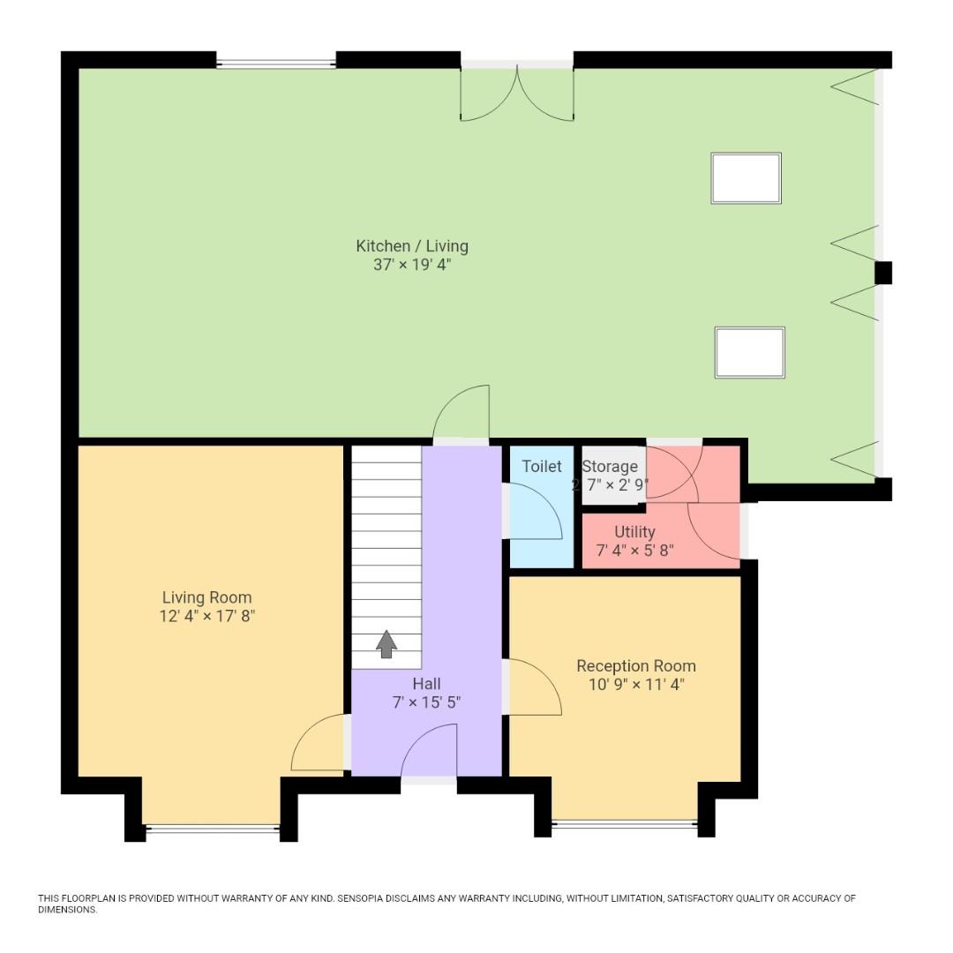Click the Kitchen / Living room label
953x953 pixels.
point(412,246)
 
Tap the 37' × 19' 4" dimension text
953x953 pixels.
point(412,265)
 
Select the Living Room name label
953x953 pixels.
point(206,597)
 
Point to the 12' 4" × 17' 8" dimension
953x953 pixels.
point(206,616)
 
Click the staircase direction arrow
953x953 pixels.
point(386,644)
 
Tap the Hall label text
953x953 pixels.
point(426,684)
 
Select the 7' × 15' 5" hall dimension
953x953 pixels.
point(426,702)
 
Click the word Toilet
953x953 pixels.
point(542,466)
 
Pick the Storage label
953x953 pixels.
point(610,467)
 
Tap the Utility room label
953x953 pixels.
point(634,532)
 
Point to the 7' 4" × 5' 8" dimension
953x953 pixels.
point(634,551)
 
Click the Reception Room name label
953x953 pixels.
point(635,665)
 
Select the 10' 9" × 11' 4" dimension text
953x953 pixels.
point(635,684)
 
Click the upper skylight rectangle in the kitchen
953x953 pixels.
point(746,178)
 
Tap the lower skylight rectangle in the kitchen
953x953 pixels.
point(749,352)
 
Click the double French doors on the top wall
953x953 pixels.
point(517,91)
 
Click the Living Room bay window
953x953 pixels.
point(212,828)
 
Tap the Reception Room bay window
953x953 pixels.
point(624,824)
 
